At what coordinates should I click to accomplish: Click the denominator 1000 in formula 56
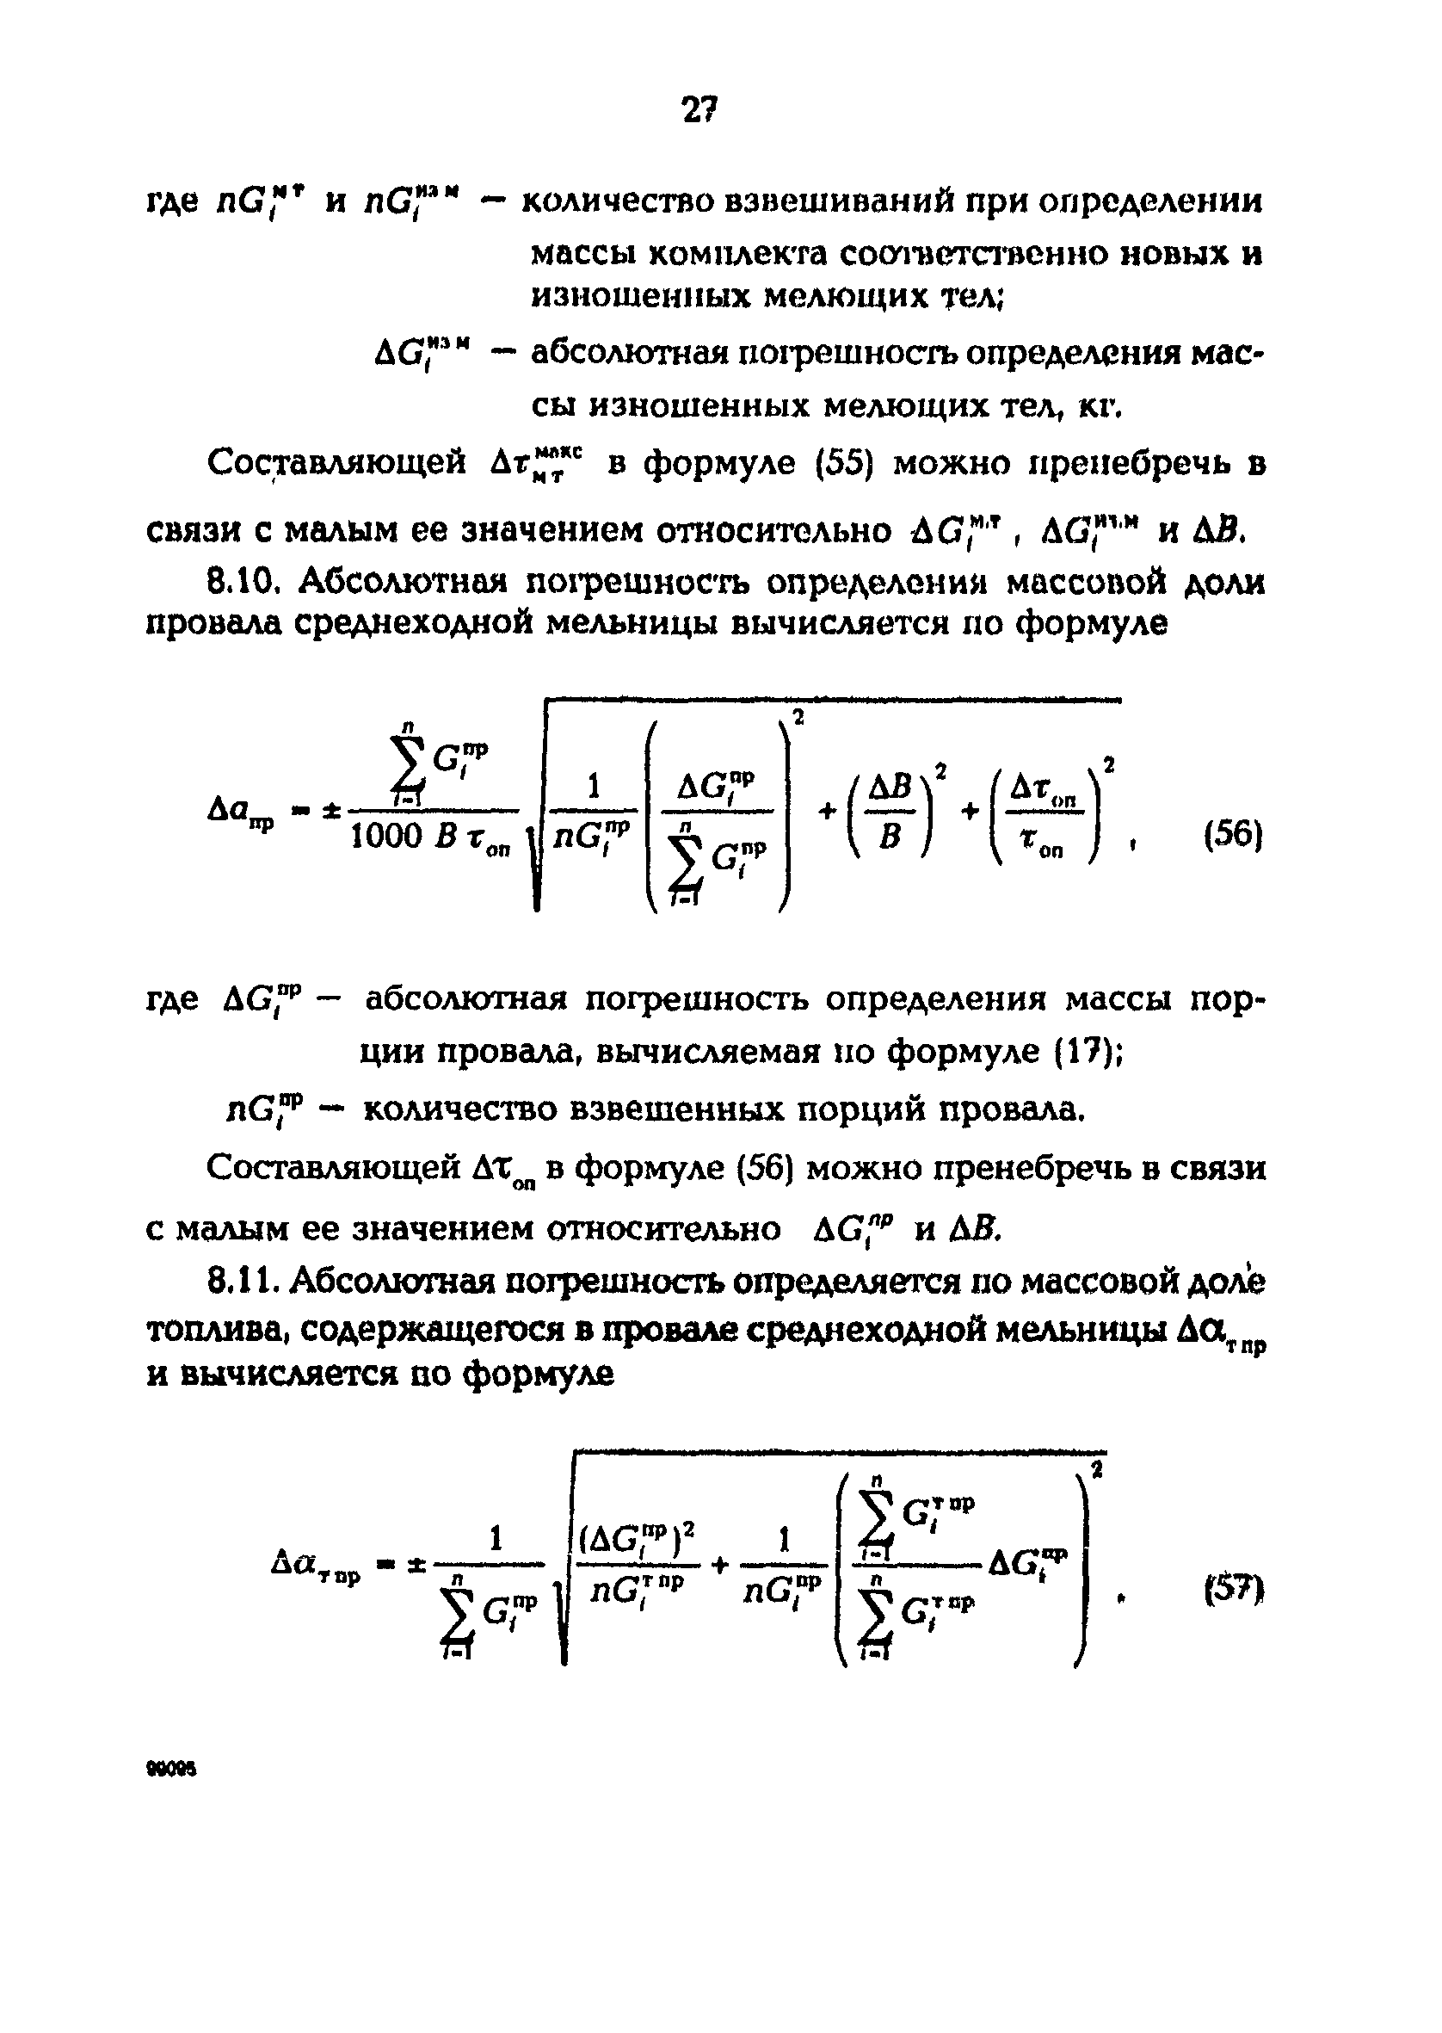(386, 836)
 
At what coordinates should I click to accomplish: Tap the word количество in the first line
(618, 202)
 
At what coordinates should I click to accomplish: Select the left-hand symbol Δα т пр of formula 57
(316, 1565)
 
